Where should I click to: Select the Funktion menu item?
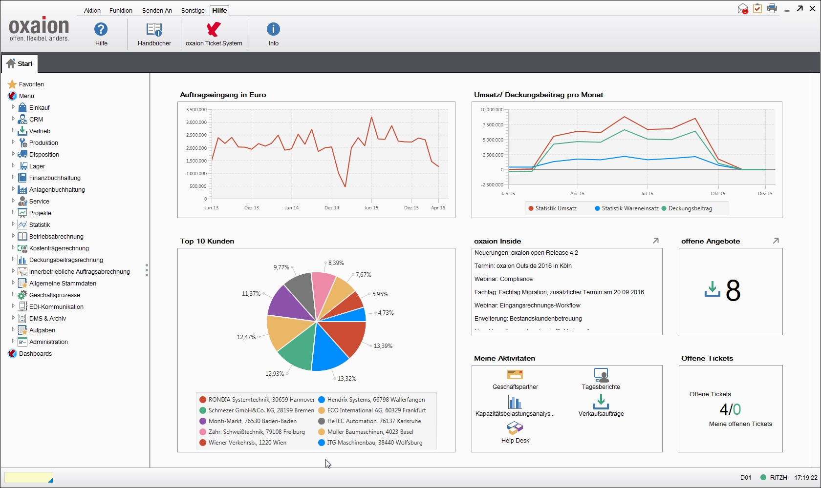(x=121, y=10)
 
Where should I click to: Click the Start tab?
(x=20, y=63)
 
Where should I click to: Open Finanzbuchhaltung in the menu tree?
(x=54, y=178)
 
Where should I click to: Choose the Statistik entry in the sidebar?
(x=39, y=225)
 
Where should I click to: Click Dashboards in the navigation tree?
(x=35, y=354)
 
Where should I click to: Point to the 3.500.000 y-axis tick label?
(x=196, y=110)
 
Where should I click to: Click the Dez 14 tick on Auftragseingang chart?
(x=332, y=208)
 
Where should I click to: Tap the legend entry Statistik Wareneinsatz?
(x=630, y=208)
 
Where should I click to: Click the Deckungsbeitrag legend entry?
(x=690, y=208)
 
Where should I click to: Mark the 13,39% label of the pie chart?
(x=383, y=346)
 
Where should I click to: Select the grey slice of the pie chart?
(x=299, y=295)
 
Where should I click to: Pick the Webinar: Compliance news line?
(x=503, y=279)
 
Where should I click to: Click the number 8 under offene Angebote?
(x=733, y=291)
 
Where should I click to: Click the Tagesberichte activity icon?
(x=601, y=375)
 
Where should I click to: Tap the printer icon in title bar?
(x=772, y=8)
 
